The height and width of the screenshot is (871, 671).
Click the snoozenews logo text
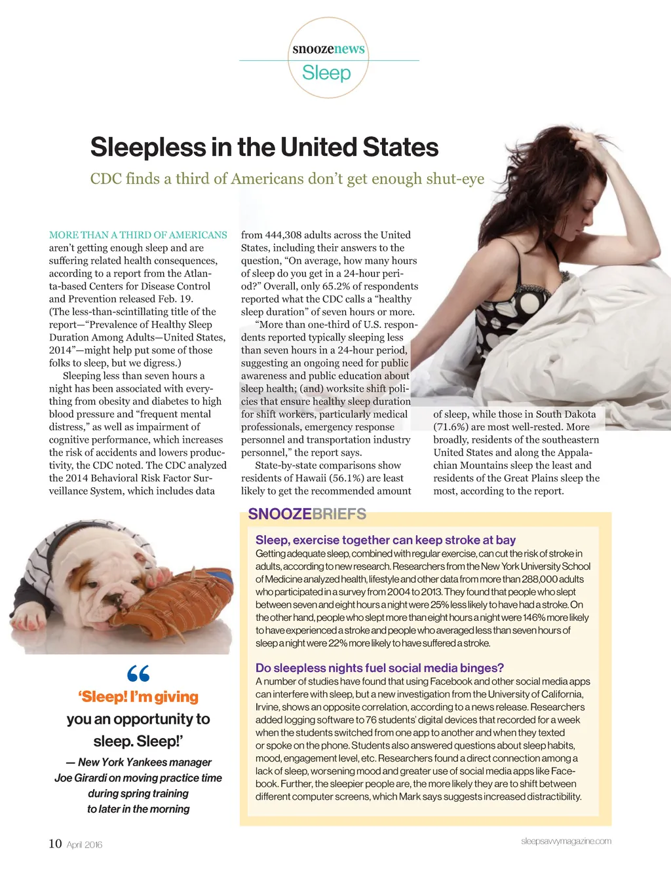tap(328, 49)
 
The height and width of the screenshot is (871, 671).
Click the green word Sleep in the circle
tap(326, 73)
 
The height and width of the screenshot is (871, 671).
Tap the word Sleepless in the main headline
tap(147, 147)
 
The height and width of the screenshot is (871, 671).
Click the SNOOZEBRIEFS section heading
tap(307, 514)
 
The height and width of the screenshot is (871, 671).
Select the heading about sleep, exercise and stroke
tap(385, 540)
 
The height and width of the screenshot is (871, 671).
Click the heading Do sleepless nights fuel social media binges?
tap(379, 668)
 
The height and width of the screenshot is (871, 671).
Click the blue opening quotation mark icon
tap(138, 673)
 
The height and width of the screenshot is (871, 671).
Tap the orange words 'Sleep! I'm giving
tap(138, 697)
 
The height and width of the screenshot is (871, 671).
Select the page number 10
tap(55, 843)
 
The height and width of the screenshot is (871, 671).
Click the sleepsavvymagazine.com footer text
tap(566, 841)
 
